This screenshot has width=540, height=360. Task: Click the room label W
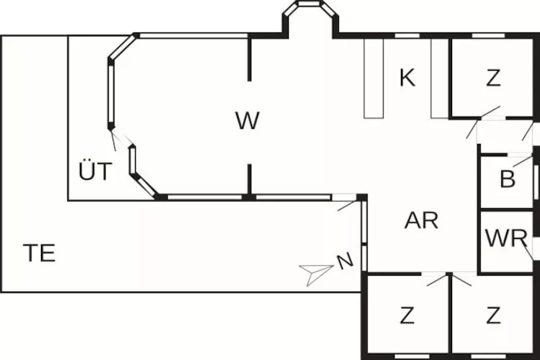tap(247, 121)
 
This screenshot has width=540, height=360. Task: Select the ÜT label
tap(96, 172)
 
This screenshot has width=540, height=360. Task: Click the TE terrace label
tap(39, 253)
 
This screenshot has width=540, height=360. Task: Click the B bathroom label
tap(508, 179)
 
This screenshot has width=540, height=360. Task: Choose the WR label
tap(507, 238)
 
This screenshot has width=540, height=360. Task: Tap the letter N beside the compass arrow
tap(345, 261)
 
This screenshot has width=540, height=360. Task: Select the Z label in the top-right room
tap(492, 78)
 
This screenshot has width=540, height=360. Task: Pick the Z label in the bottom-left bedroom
tap(408, 315)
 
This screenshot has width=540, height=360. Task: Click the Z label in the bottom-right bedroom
tap(493, 315)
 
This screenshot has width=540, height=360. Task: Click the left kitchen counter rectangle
tap(374, 78)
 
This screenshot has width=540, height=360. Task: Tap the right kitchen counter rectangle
tap(440, 78)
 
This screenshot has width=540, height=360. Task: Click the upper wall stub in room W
tap(250, 59)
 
